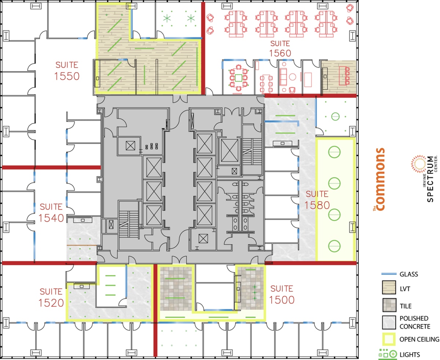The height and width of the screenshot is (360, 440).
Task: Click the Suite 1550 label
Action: [67, 71]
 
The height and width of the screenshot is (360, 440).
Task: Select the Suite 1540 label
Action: [51, 212]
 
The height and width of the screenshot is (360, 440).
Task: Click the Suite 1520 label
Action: [51, 297]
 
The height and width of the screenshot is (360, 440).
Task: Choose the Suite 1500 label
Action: [282, 294]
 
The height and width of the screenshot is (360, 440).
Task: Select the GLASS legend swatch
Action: [388, 274]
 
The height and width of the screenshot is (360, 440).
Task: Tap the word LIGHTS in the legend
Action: [410, 354]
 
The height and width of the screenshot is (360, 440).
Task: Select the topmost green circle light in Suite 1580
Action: [334, 151]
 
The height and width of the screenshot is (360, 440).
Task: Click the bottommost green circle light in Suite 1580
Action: [334, 245]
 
